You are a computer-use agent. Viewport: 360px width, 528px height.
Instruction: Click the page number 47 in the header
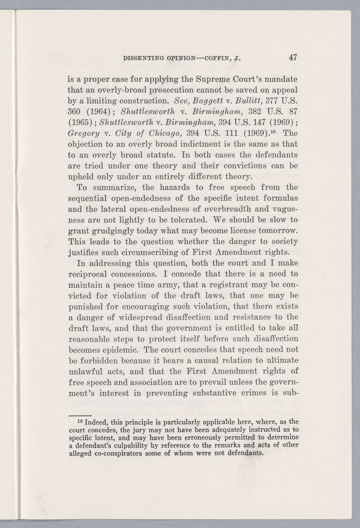point(292,57)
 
